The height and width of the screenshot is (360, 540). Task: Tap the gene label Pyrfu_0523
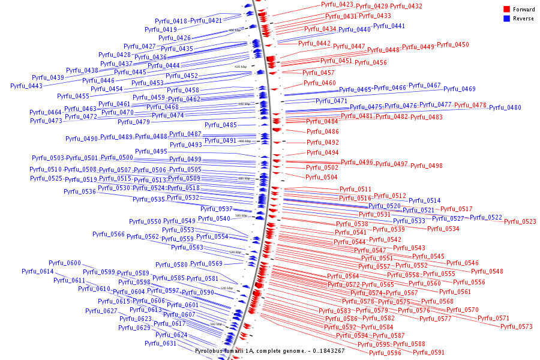520,222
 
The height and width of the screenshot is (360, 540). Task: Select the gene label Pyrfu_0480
505,108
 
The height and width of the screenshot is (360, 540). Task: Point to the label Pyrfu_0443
26,86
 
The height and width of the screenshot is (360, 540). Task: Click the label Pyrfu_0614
38,272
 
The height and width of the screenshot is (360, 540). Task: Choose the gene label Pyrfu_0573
516,327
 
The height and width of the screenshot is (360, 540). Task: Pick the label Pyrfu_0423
337,5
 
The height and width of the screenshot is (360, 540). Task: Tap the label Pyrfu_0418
172,22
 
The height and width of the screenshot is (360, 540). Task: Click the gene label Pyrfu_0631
160,344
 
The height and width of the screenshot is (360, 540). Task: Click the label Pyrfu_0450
452,45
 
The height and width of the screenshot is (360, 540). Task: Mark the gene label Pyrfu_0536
80,192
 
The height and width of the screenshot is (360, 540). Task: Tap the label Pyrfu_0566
109,235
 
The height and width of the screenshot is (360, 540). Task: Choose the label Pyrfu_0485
221,125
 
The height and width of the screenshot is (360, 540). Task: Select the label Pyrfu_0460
319,83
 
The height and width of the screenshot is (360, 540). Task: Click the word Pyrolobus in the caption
210,350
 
